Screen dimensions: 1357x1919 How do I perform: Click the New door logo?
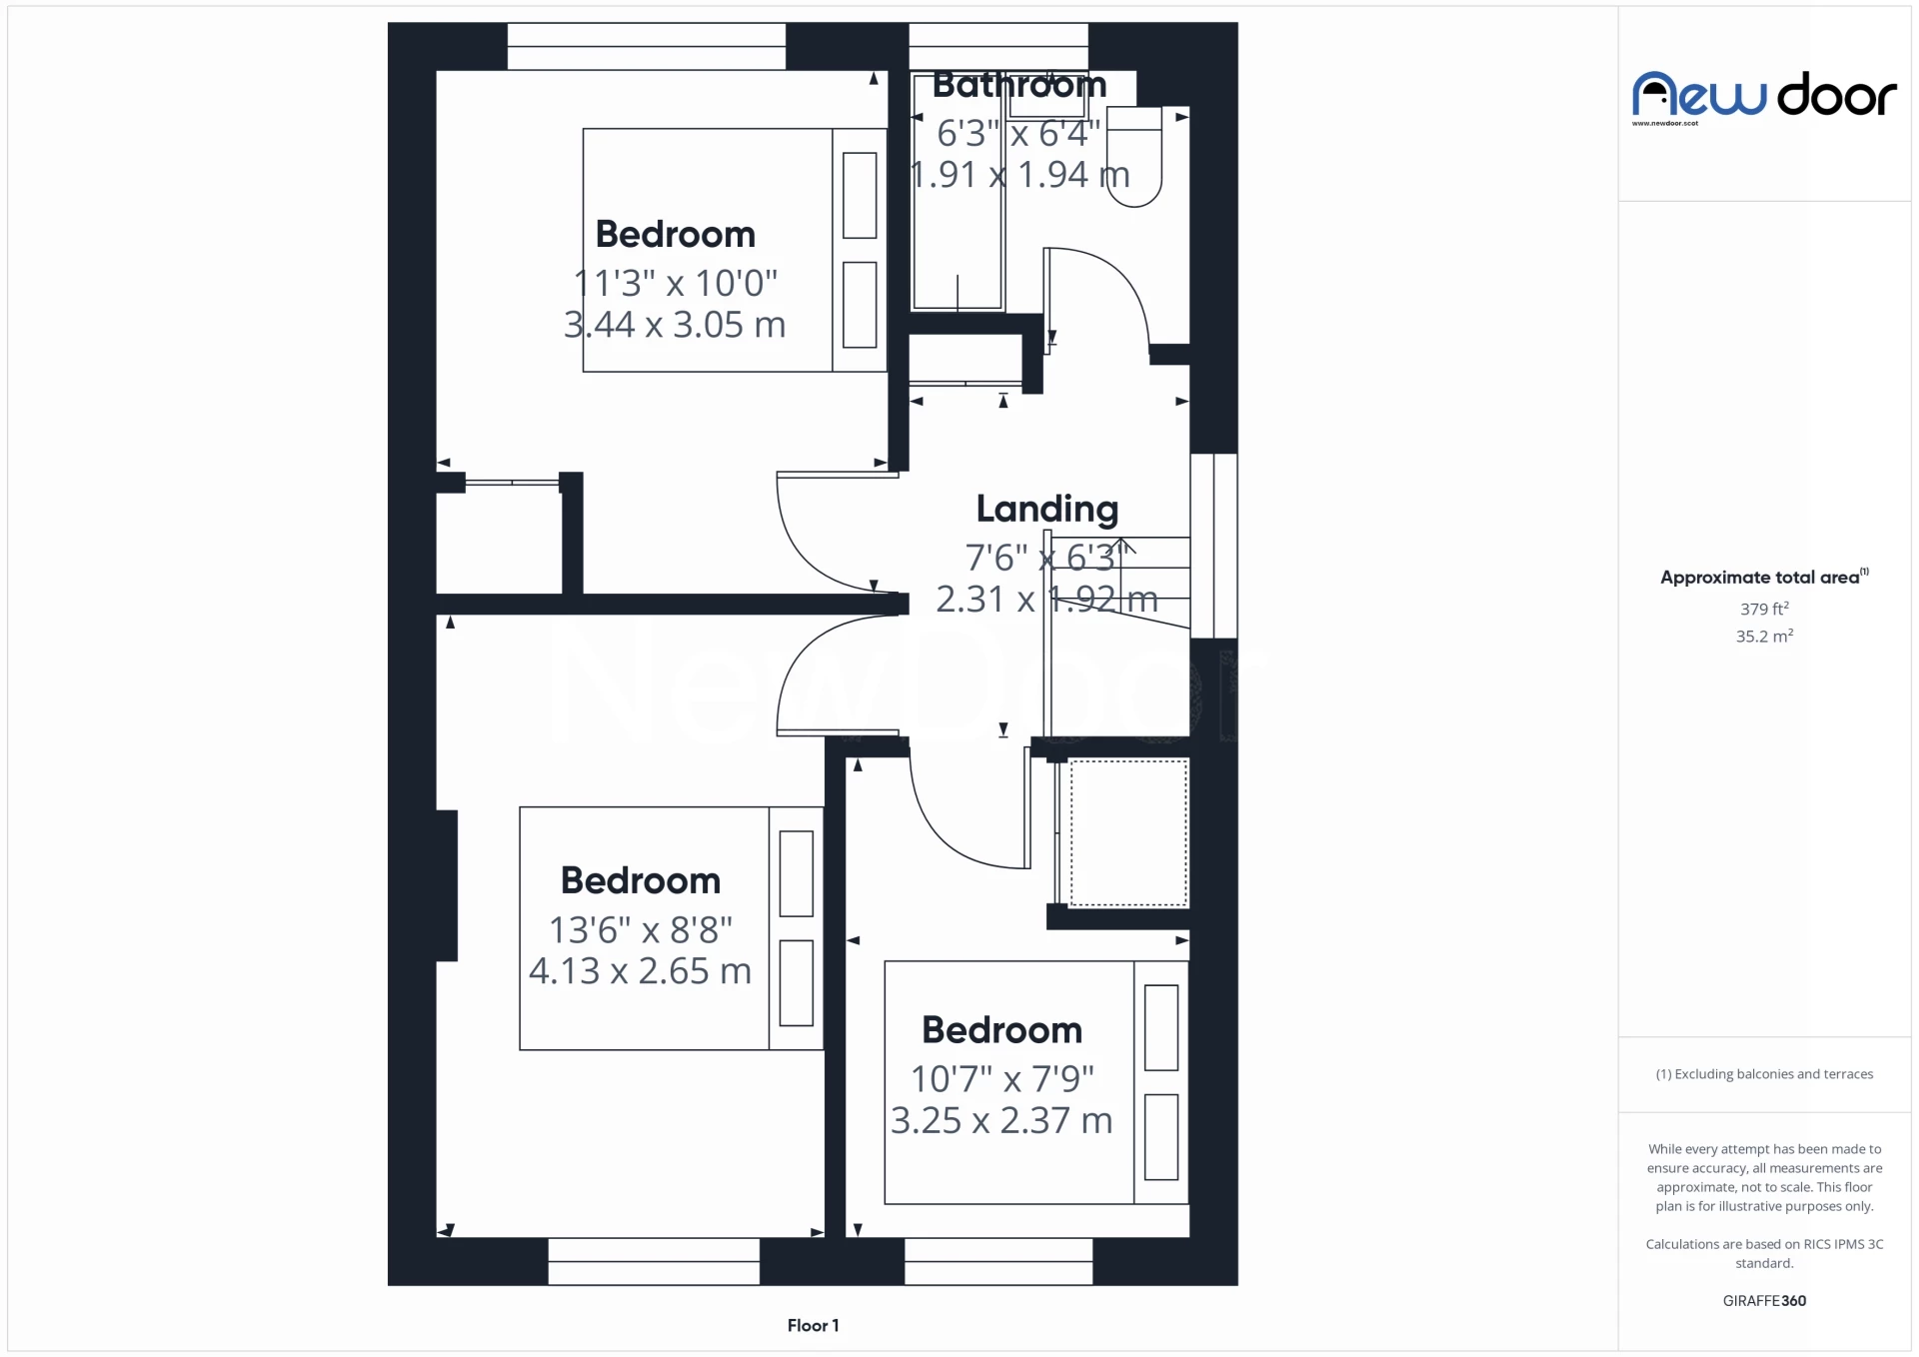coord(1764,95)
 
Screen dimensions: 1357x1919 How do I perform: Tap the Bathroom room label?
coord(1018,85)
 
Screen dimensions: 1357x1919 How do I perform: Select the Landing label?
coord(1046,509)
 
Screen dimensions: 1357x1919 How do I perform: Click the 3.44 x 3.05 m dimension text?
coord(675,325)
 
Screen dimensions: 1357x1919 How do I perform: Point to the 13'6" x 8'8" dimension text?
coord(640,929)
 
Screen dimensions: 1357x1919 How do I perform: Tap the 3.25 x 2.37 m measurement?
coord(1001,1120)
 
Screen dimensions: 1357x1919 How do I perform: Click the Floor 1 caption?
coord(813,1325)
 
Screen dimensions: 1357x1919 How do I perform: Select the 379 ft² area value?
coord(1764,609)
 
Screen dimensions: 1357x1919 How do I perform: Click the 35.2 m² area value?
coord(1764,637)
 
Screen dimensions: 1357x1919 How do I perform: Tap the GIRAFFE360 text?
coord(1764,1300)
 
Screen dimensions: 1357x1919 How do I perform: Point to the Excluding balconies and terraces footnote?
coord(1764,1074)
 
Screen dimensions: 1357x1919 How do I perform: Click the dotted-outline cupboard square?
coord(1128,832)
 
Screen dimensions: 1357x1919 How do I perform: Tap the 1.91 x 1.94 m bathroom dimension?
coord(1019,175)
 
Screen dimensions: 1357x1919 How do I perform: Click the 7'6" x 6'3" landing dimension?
coord(1046,558)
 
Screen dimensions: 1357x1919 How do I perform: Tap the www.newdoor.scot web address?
coord(1665,124)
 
